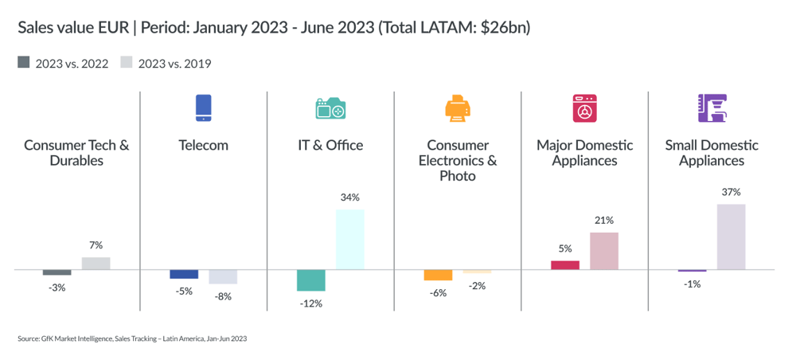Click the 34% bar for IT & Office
point(350,240)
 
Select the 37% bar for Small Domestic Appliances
point(731,237)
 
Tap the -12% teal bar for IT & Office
point(310,280)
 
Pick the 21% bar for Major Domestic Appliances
point(604,251)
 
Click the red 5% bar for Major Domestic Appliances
point(564,265)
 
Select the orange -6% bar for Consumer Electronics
point(438,275)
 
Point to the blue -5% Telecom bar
point(184,274)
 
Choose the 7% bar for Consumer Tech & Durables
point(96,264)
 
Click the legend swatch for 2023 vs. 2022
point(23,63)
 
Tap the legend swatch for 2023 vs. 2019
point(127,63)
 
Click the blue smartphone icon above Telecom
point(204,108)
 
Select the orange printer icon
point(457,108)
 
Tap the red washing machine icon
point(584,108)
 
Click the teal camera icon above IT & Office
point(330,109)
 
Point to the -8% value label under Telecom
point(223,296)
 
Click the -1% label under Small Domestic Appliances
point(692,284)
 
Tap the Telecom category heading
point(204,145)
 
